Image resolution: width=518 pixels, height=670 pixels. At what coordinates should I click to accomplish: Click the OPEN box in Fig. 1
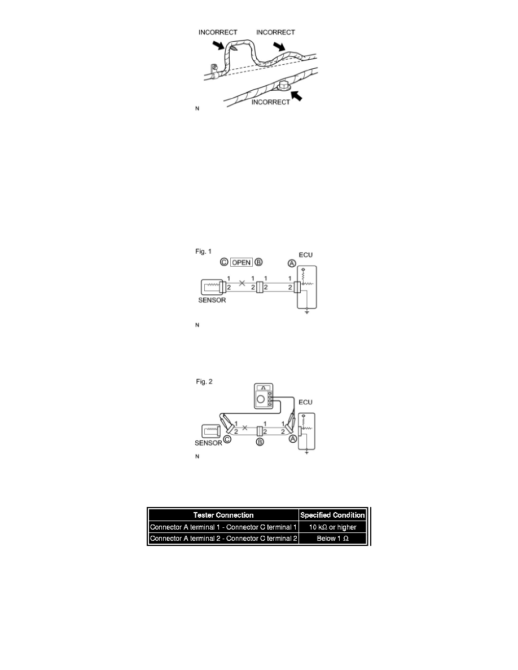(x=242, y=263)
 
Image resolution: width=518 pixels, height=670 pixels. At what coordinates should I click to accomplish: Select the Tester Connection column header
(x=223, y=515)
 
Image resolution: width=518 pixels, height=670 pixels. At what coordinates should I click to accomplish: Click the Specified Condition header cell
(x=333, y=515)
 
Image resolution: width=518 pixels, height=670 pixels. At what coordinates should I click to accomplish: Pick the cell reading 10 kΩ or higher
(x=333, y=527)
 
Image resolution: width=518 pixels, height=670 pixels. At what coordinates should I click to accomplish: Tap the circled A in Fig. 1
(x=291, y=263)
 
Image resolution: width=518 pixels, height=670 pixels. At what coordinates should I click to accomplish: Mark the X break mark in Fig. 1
(x=242, y=283)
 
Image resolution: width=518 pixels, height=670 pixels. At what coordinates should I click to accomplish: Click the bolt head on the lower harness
(x=284, y=86)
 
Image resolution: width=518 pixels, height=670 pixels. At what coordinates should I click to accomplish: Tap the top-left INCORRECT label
(x=218, y=33)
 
